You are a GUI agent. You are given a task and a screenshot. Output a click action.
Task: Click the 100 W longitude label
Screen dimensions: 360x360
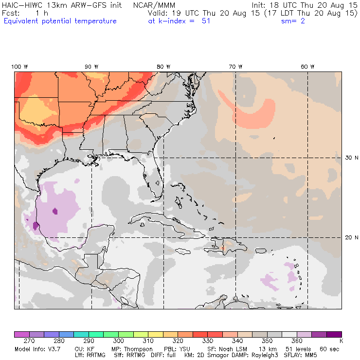pyautogui.click(x=19, y=67)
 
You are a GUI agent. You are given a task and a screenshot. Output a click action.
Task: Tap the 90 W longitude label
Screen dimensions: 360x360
pyautogui.click(x=91, y=67)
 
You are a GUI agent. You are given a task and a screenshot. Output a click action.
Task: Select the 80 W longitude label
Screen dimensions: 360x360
pyautogui.click(x=163, y=67)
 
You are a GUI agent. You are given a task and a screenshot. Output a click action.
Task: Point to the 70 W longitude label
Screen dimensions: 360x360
pyautogui.click(x=235, y=67)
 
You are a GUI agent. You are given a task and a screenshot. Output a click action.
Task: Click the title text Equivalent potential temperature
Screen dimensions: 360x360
pyautogui.click(x=60, y=21)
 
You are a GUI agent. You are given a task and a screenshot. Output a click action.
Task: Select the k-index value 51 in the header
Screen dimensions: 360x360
pyautogui.click(x=206, y=21)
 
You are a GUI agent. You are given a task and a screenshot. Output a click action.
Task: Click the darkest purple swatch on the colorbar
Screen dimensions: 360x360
pyautogui.click(x=334, y=334)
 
